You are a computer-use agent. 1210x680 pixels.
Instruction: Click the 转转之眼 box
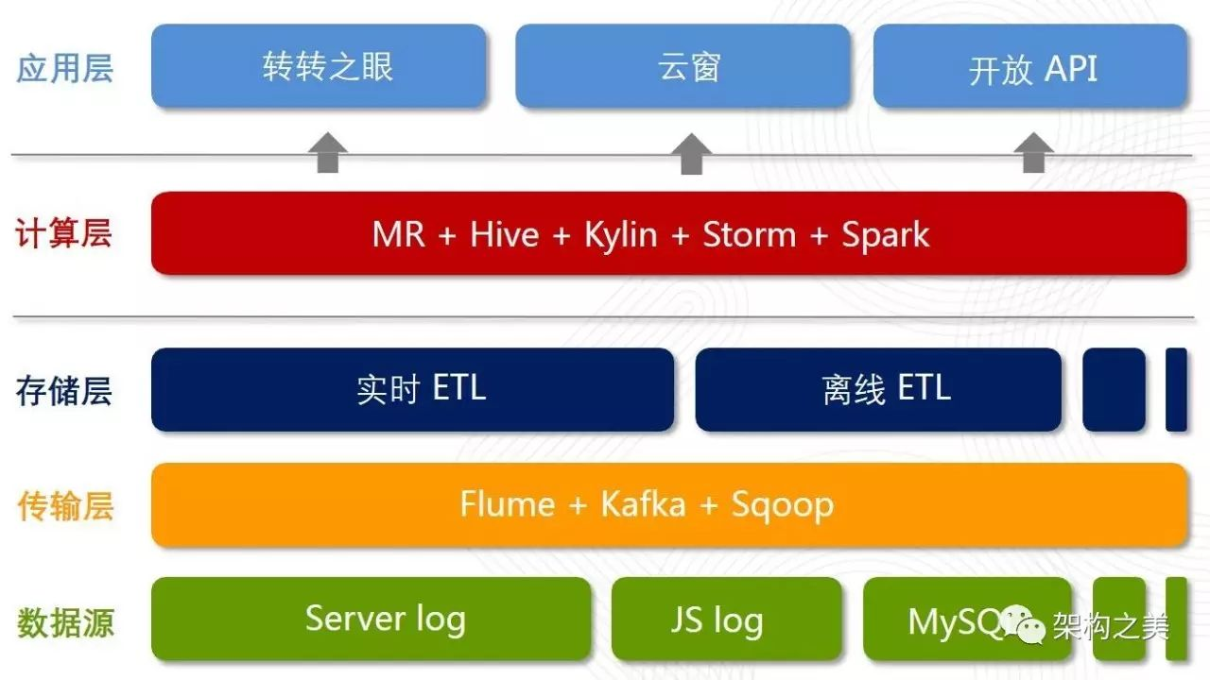click(319, 66)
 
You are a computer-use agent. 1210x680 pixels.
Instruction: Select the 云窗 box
click(683, 66)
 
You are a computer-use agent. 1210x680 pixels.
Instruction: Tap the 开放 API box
click(1030, 66)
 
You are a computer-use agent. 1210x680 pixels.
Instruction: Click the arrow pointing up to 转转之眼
click(328, 153)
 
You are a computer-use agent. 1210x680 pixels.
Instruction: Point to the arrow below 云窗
click(691, 154)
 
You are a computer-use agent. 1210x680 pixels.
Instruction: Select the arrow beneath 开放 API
click(1033, 153)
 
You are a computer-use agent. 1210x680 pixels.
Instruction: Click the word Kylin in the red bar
click(621, 236)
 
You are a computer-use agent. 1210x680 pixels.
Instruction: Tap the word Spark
click(886, 236)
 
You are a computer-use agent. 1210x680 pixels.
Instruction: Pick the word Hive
click(505, 235)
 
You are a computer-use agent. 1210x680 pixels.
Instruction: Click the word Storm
click(750, 235)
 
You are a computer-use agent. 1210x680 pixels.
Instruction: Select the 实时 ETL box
click(413, 390)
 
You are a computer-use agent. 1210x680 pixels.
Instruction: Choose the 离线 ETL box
click(878, 390)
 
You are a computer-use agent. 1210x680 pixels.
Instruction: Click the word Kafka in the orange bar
click(644, 504)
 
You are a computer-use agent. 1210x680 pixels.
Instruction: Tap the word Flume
click(508, 504)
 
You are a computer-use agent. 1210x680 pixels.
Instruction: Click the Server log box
click(372, 619)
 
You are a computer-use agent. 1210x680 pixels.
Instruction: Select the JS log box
click(727, 619)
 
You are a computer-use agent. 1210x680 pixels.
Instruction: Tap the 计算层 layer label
click(63, 233)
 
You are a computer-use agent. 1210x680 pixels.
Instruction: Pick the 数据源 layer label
click(65, 622)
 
